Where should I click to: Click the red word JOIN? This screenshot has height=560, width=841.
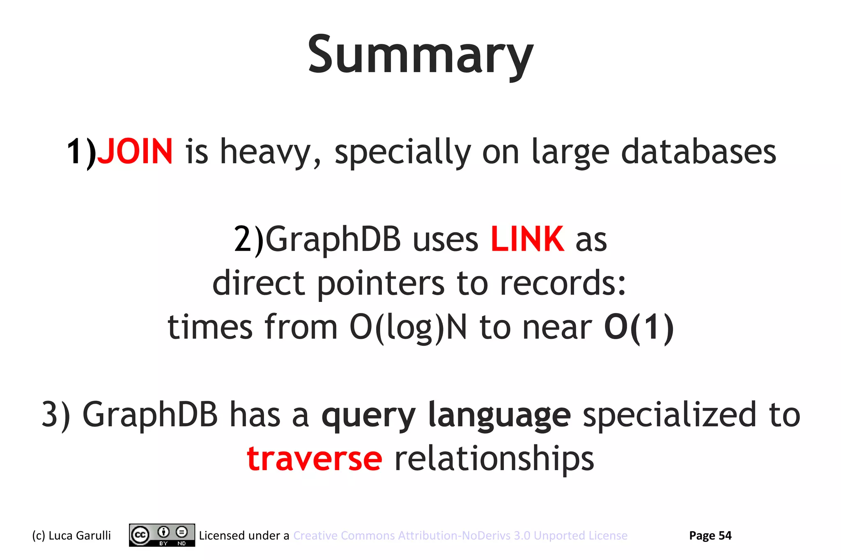[135, 152]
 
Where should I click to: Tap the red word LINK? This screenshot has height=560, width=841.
[527, 239]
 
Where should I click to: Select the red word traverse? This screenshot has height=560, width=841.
[315, 458]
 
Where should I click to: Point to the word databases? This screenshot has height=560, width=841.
[698, 152]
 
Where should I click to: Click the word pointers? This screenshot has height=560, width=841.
[381, 284]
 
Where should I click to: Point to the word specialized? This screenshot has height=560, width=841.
[669, 414]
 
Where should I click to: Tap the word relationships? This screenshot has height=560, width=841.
[494, 459]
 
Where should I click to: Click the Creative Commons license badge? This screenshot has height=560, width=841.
[162, 535]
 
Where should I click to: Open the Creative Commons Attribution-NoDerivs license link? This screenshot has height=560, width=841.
[460, 535]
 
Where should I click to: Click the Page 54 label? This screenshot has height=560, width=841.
[710, 535]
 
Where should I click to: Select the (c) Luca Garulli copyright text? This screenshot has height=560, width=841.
[71, 535]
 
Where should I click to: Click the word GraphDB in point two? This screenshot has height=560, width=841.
[333, 239]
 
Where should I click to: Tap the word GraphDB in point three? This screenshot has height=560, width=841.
[150, 414]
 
